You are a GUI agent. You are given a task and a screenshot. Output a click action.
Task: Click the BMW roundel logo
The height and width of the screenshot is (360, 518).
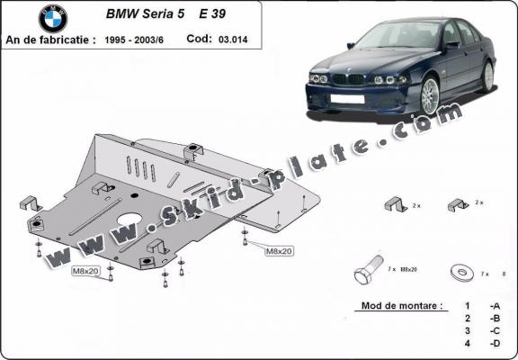click(52, 18)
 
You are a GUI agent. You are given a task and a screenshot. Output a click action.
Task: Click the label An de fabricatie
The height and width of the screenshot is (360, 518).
click(52, 40)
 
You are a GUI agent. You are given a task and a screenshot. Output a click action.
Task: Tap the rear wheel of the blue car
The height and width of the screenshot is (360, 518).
click(488, 76)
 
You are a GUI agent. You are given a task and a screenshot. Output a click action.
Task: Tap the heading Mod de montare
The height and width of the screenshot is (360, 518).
click(401, 306)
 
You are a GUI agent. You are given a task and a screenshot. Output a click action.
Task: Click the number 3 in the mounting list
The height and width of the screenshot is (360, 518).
click(468, 331)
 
